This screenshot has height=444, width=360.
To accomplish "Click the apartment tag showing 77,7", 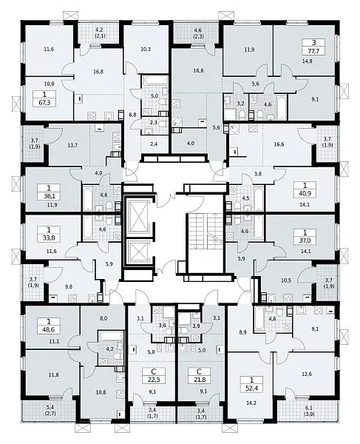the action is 313,47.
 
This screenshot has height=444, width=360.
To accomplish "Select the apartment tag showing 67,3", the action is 44,98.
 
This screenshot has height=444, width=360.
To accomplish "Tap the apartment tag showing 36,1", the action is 49,192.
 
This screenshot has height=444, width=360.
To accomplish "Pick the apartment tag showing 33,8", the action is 49,234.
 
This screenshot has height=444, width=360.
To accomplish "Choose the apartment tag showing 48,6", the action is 50,326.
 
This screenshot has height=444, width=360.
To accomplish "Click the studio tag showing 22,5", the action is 154,375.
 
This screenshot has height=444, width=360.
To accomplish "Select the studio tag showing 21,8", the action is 199,375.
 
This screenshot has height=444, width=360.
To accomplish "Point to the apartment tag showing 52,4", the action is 251,384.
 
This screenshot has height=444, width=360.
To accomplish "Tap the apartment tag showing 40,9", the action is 305,190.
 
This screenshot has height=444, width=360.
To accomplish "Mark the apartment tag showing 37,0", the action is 305,237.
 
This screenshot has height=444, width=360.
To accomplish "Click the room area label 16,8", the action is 98,72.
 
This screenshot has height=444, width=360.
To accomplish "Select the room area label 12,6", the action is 307,374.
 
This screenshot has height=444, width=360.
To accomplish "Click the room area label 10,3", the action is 146,49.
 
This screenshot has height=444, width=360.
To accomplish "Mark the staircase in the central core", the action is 205,232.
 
